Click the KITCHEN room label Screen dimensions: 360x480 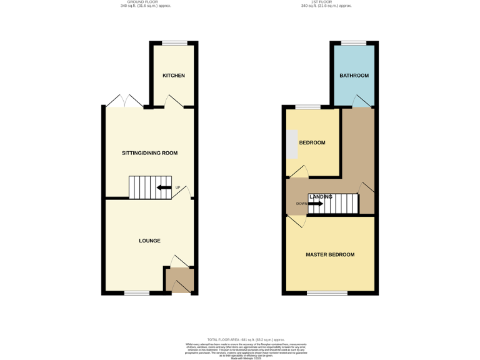(x=174, y=76)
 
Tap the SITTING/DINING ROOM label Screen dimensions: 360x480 (x=149, y=153)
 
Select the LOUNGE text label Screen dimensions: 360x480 (x=149, y=241)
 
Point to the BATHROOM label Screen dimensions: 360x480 (x=354, y=76)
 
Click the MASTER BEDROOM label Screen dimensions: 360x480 (x=330, y=255)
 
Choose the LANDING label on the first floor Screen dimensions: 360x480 (x=321, y=197)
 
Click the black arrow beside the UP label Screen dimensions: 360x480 (x=164, y=187)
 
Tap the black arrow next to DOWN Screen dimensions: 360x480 (x=316, y=203)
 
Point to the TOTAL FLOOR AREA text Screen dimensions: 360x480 (x=240, y=339)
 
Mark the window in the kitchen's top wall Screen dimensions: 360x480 (x=174, y=43)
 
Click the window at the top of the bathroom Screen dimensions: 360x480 (x=354, y=43)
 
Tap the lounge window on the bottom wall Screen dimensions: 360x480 (x=136, y=292)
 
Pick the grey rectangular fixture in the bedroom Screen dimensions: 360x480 (x=292, y=145)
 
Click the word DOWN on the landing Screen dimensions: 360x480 (x=301, y=204)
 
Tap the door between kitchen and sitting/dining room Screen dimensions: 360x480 (x=174, y=103)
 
